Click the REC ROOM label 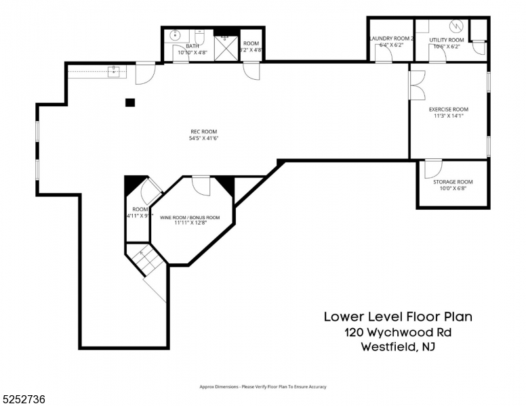coord(203,132)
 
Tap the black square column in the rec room coord(129,103)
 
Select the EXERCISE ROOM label coord(448,109)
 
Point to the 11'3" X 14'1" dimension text coord(448,116)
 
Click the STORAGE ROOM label coord(453,182)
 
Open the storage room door coord(432,168)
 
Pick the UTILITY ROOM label coord(447,40)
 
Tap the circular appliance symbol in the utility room coord(456,27)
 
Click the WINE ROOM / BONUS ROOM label coord(190,217)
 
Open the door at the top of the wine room coord(201,184)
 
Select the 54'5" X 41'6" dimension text coord(203,139)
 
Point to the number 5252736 coord(24,399)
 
